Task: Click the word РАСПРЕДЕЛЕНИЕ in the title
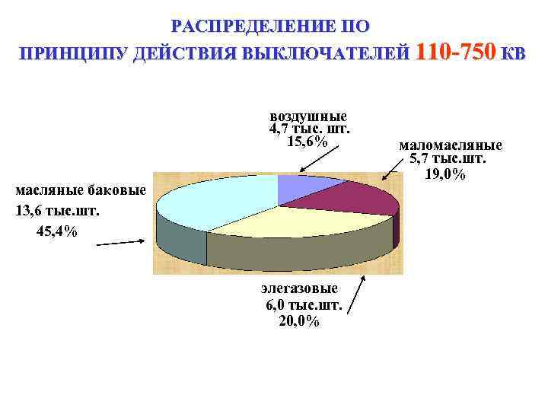(x=243, y=27)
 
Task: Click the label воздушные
(x=308, y=116)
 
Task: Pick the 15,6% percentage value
(x=307, y=142)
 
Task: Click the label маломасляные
(x=451, y=145)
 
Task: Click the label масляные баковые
(x=81, y=190)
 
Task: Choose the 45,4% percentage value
(x=56, y=231)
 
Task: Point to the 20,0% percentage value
(x=300, y=321)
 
